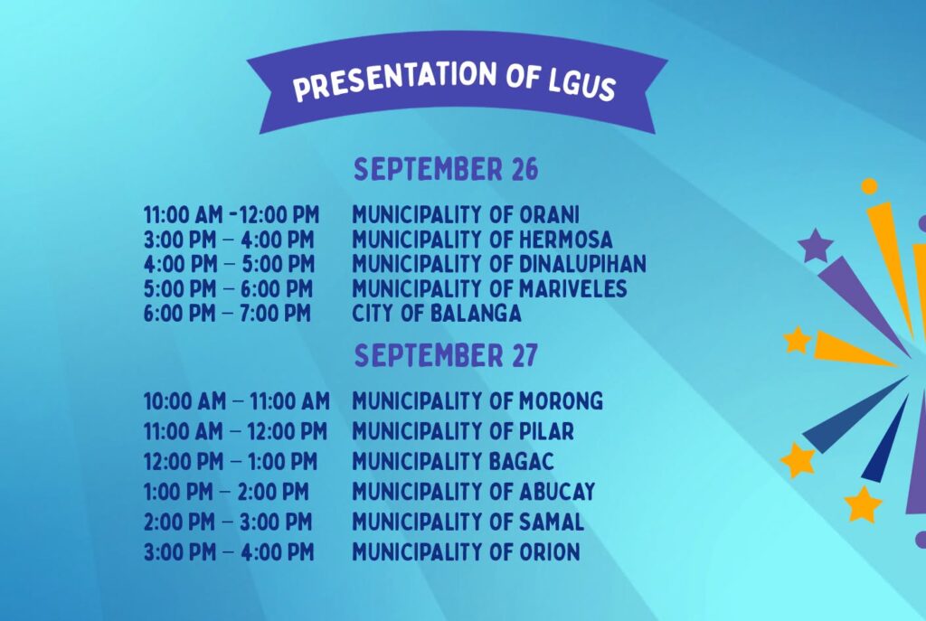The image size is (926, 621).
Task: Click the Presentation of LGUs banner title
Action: click(455, 81)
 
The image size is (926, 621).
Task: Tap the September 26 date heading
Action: click(446, 169)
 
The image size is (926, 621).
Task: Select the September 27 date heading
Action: click(446, 355)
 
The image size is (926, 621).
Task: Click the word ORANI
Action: click(549, 214)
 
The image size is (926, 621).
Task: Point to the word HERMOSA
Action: click(566, 239)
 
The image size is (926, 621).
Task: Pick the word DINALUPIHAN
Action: click(582, 263)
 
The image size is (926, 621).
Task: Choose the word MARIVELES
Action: click(572, 288)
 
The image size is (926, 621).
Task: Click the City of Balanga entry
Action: click(437, 313)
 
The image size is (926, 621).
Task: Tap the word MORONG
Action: click(561, 400)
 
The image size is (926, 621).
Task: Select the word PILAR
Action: click(546, 431)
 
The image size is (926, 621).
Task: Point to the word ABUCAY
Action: click(557, 491)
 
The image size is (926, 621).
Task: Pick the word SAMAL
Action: click(551, 522)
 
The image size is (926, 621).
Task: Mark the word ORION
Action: click(549, 552)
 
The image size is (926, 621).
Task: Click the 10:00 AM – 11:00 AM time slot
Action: click(237, 401)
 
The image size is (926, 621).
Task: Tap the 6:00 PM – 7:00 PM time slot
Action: click(227, 313)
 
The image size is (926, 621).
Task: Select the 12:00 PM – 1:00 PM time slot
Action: click(231, 461)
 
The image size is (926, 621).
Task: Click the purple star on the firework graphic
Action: click(816, 244)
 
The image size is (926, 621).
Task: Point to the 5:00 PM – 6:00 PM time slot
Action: click(228, 288)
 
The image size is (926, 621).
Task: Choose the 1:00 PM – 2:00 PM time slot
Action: click(226, 491)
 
